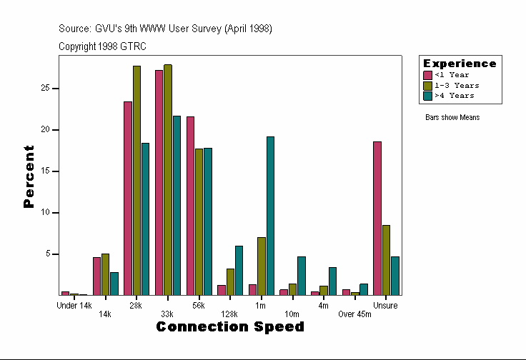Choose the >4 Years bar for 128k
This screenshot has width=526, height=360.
tap(239, 270)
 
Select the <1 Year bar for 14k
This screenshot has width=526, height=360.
tap(96, 276)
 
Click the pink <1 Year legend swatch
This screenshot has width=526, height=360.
tap(428, 75)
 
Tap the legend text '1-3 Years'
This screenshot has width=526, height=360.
tap(457, 85)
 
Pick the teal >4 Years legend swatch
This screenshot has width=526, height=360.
tap(428, 95)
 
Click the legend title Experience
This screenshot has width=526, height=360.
tap(460, 64)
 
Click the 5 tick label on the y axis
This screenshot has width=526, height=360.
tap(46, 254)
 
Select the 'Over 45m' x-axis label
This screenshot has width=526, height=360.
tap(355, 314)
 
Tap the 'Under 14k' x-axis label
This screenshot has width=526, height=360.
tap(74, 306)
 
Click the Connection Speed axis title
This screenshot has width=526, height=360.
tap(230, 327)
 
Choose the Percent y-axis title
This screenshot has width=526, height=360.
tap(29, 176)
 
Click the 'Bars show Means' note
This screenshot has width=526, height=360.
tap(452, 118)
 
